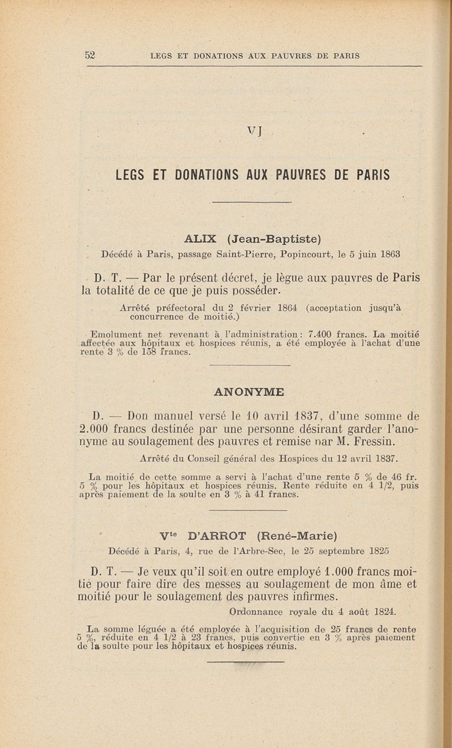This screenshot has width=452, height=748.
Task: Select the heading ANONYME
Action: click(x=249, y=391)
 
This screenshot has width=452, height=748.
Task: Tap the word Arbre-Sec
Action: click(x=257, y=551)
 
